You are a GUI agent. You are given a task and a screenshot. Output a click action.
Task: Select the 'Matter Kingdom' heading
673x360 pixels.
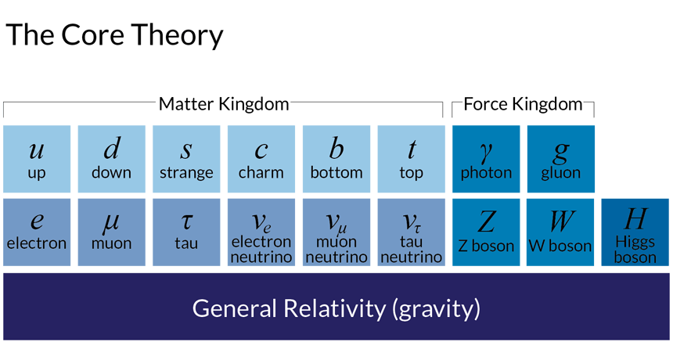tap(224, 104)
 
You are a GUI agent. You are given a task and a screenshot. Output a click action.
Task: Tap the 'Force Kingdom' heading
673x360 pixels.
tap(524, 104)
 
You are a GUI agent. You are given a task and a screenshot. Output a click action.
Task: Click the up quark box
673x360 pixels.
tap(37, 159)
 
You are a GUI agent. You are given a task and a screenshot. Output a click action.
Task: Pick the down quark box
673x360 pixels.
tap(111, 159)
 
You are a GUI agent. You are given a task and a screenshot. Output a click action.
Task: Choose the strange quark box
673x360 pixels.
tap(186, 159)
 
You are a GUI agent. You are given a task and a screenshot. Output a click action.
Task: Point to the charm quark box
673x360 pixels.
tap(261, 159)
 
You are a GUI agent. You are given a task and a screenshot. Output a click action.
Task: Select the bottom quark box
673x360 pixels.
tap(336, 159)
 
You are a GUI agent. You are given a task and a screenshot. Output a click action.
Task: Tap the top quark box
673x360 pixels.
tap(411, 159)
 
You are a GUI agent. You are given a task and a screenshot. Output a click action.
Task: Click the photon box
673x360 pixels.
tap(486, 159)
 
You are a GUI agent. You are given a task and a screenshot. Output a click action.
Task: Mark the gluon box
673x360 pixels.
tap(560, 159)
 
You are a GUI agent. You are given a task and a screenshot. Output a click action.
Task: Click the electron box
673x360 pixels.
tap(37, 232)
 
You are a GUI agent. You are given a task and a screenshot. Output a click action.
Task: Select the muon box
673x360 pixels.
tap(111, 232)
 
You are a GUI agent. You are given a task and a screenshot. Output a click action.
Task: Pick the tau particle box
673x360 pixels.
tap(186, 232)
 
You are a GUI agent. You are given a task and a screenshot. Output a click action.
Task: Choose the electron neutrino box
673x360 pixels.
tap(261, 232)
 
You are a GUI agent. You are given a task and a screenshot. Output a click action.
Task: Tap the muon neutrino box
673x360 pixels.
tap(336, 232)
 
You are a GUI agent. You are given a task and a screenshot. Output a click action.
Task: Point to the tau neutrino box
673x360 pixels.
tap(411, 232)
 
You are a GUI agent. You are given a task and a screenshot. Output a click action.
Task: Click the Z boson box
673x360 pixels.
tap(486, 232)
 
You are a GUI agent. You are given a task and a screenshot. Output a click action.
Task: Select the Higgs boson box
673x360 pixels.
tap(635, 232)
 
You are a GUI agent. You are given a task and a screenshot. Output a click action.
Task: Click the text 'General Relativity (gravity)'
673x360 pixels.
tap(336, 308)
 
